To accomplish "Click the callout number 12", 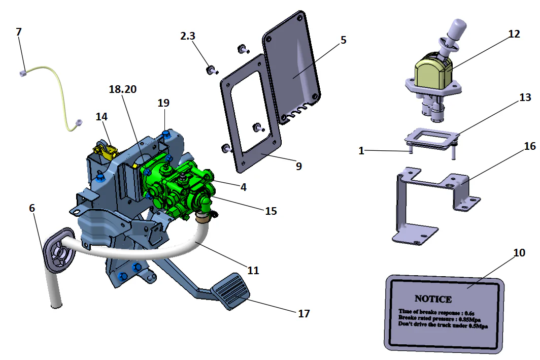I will (514, 34).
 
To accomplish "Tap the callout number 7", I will (19, 32).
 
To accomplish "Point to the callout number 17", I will (303, 313).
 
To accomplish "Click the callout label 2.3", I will (187, 36).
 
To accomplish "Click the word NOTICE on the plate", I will (433, 299).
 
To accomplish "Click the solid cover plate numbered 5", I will (292, 66).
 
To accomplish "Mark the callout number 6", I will (31, 208).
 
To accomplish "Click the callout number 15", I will (271, 210).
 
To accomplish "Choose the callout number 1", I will (361, 151).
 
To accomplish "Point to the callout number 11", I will (253, 270).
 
